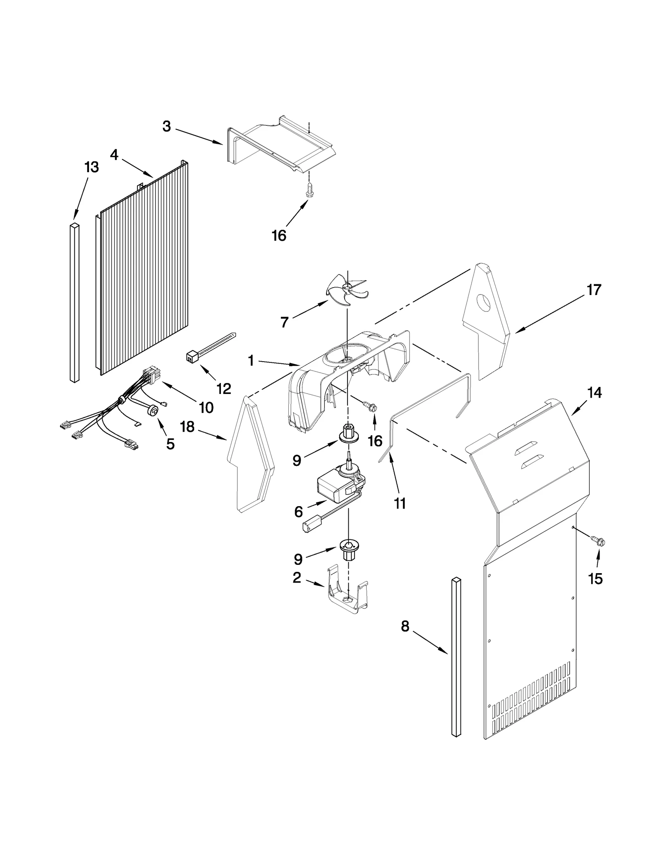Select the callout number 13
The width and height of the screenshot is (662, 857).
[91, 168]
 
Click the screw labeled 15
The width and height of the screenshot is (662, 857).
[597, 541]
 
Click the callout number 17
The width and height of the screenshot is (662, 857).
[594, 290]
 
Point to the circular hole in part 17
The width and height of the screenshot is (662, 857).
[483, 302]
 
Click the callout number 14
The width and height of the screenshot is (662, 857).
[595, 393]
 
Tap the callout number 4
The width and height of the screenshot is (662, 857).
[114, 155]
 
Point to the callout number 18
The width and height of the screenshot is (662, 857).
[187, 427]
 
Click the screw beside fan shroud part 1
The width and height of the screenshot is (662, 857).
[370, 407]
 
